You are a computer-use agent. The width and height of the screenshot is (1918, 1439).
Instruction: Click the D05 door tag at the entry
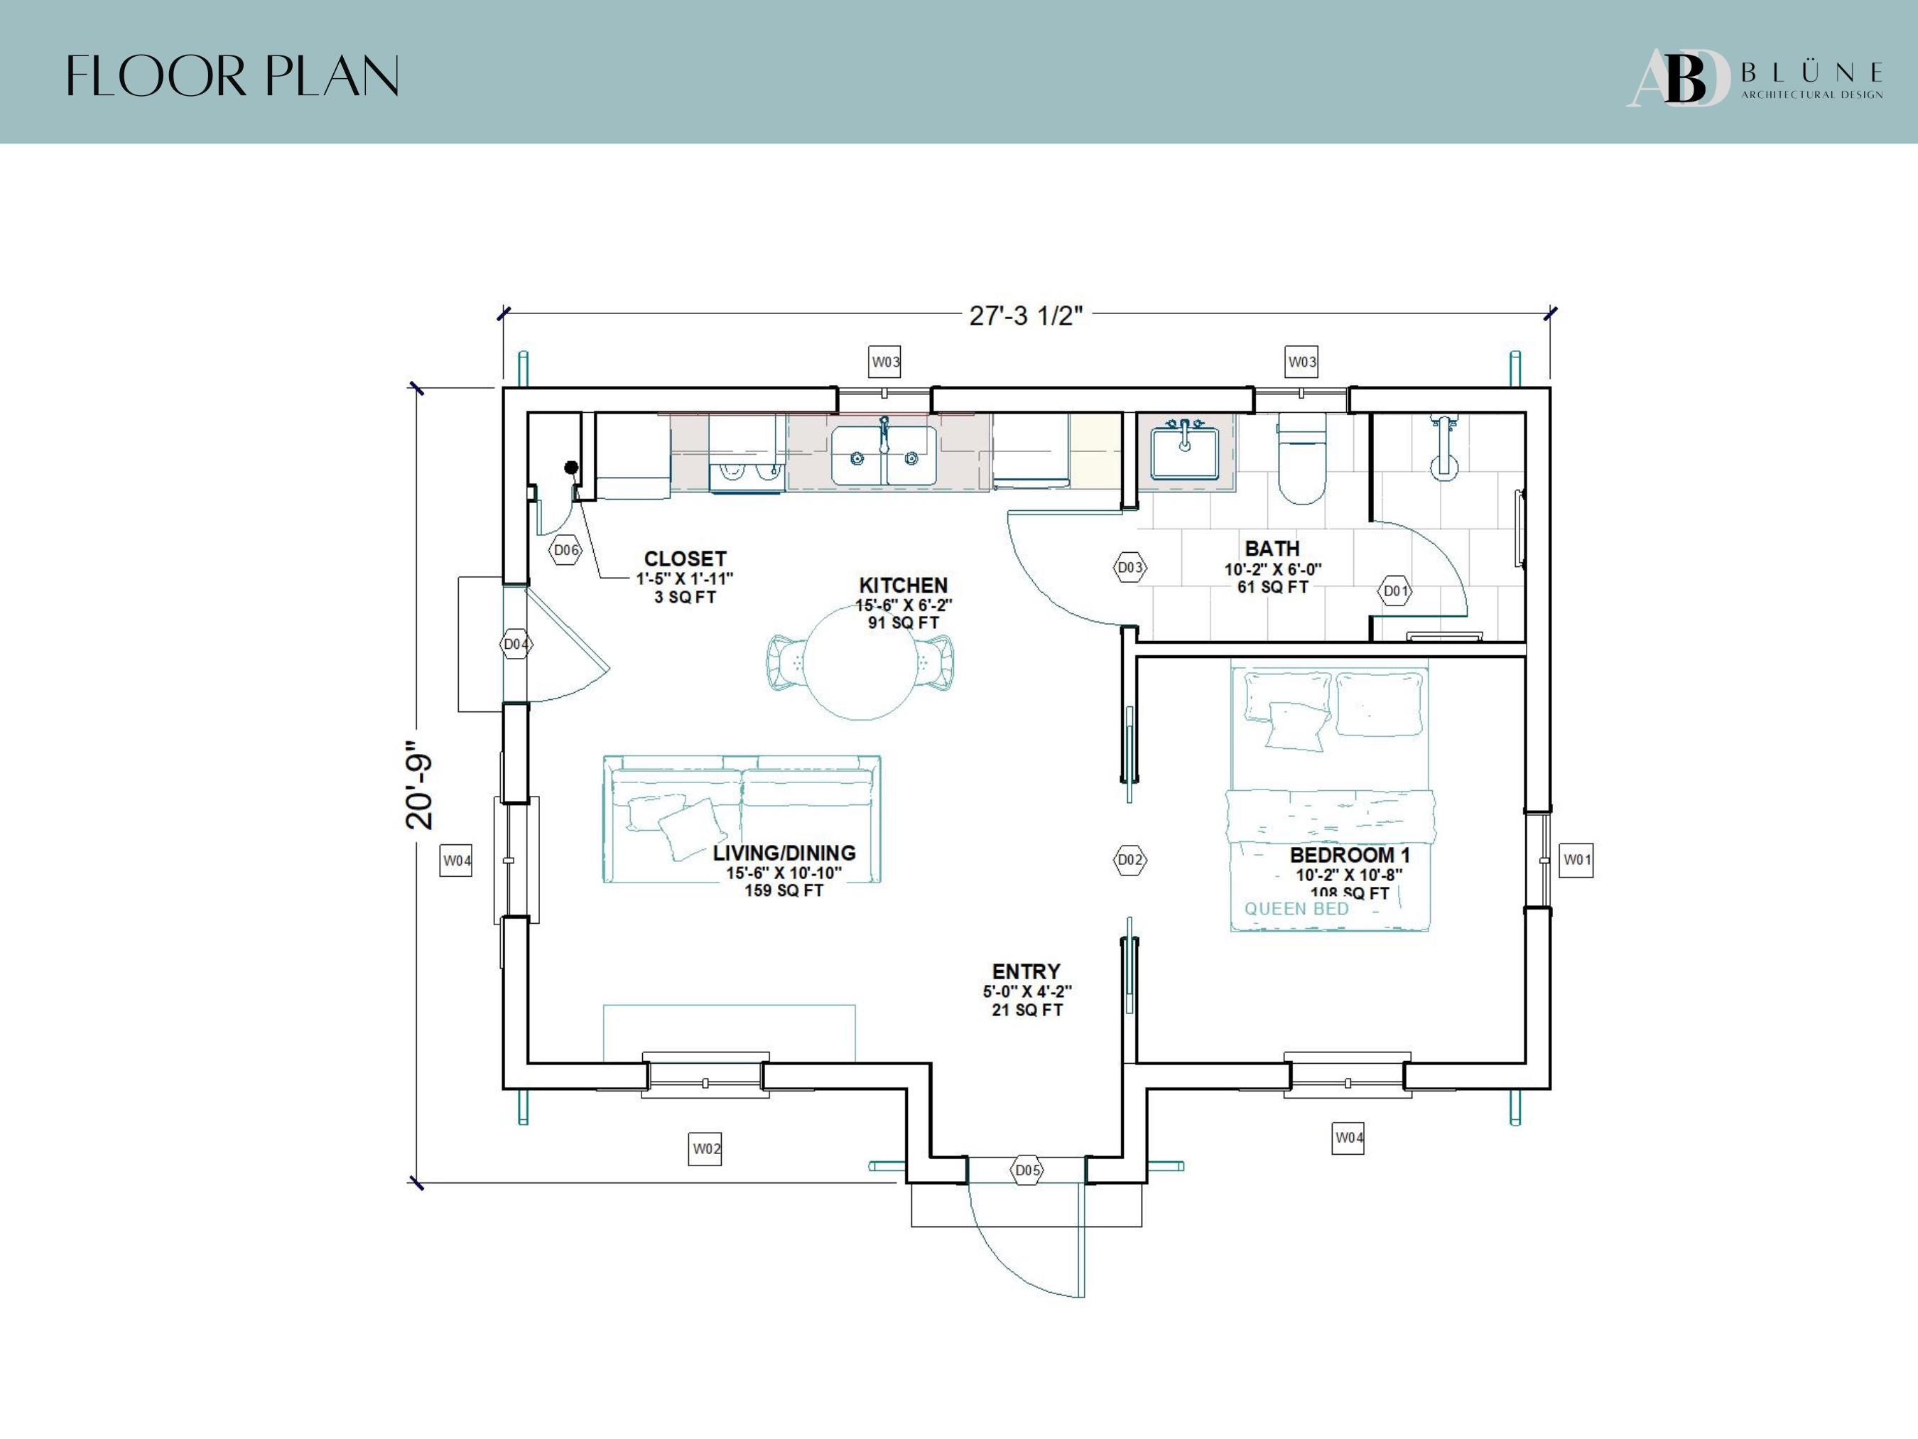point(1027,1170)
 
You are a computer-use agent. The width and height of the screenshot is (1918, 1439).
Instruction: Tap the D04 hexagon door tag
point(516,645)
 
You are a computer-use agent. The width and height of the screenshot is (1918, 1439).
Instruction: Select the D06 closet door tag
point(566,550)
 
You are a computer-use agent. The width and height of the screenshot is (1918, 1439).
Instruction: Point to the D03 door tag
point(1129,567)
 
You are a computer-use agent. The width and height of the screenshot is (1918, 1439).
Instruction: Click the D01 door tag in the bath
point(1395,591)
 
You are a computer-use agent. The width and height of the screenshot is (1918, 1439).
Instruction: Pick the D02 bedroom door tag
point(1129,860)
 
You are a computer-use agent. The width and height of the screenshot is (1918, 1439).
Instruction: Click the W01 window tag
point(1576,860)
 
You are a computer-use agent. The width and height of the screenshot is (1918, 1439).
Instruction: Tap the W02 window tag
point(706,1148)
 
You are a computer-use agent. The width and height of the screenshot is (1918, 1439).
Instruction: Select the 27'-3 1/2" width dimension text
point(1026,316)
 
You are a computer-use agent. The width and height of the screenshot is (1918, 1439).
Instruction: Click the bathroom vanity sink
point(1184,452)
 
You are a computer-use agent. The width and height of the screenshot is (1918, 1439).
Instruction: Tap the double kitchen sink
point(884,455)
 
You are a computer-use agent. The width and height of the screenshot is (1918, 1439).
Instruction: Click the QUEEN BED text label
point(1297,909)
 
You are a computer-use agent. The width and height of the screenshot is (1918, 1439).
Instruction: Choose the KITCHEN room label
point(904,586)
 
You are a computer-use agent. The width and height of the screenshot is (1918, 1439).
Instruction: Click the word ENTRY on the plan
point(1026,971)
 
